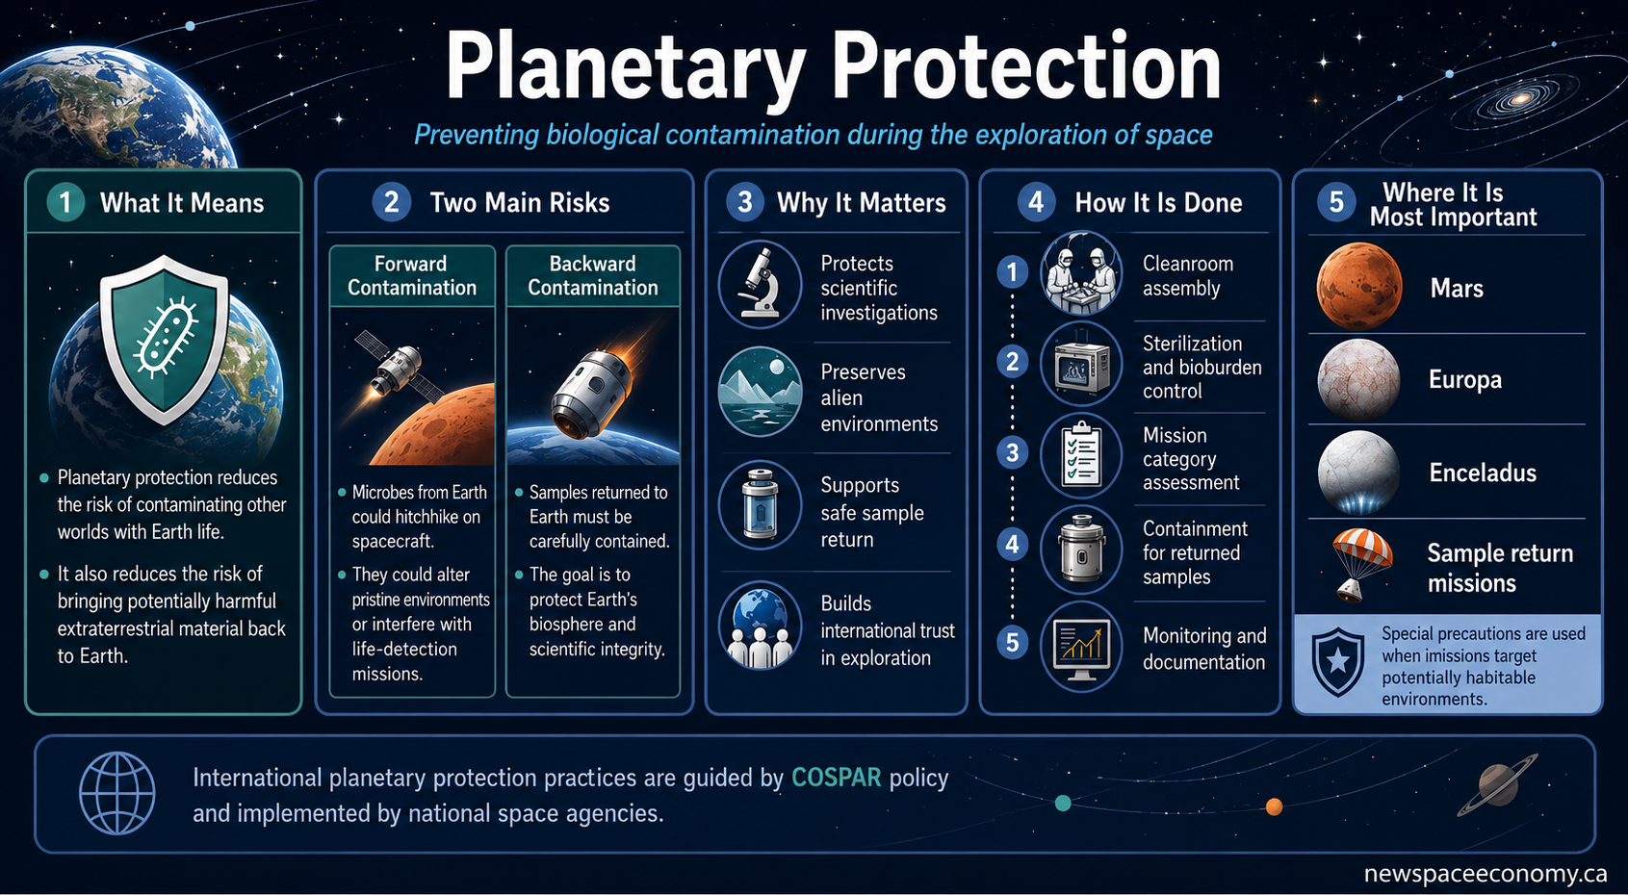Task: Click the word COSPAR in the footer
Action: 836,778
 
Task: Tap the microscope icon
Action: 760,284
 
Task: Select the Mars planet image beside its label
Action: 1358,286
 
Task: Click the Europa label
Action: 1464,379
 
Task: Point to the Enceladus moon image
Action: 1358,473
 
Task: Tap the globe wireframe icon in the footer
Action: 117,793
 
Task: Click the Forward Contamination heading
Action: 412,275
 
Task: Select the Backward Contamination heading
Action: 592,275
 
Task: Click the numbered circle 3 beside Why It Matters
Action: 745,202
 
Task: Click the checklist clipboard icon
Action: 1081,455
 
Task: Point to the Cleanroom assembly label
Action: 1188,275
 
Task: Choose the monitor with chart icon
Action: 1081,648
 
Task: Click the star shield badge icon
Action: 1338,662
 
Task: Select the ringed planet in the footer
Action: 1497,785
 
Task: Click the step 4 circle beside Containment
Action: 1012,544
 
